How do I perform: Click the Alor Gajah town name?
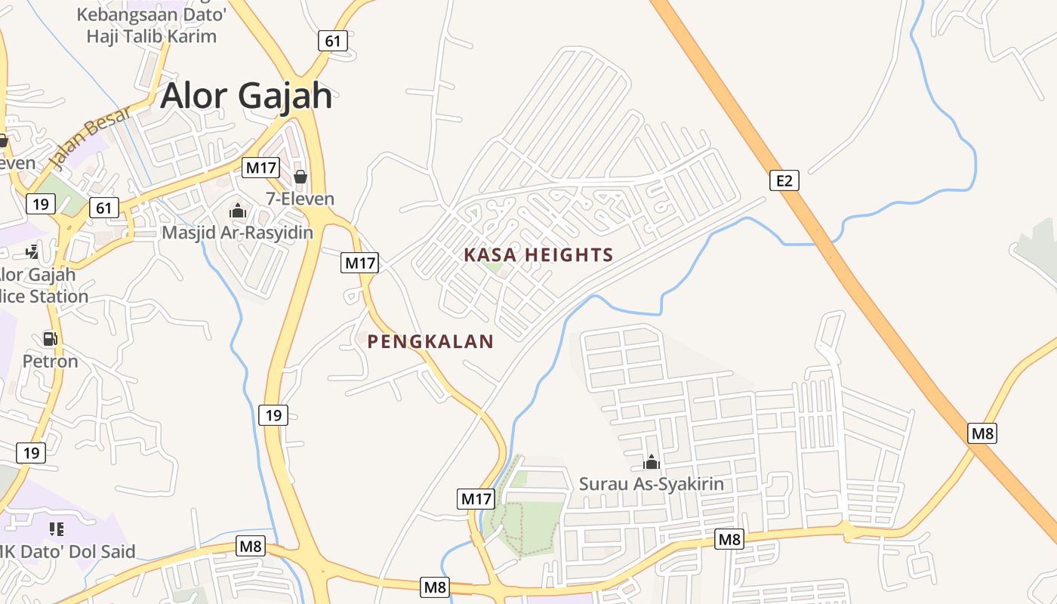[x=246, y=96]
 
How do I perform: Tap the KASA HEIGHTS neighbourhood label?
[x=538, y=255]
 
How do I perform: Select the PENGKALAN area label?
[x=430, y=342]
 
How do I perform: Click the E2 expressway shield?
[x=784, y=180]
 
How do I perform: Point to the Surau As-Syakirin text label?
[x=651, y=484]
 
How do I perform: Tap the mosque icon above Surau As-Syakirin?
[x=651, y=462]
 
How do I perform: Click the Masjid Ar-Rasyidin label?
[x=237, y=233]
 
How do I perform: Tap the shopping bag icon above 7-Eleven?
[x=300, y=177]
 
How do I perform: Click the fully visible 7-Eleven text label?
[x=300, y=199]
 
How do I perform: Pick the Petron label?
[x=50, y=362]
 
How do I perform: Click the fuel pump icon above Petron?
[x=50, y=339]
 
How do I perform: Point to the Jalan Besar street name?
[x=89, y=137]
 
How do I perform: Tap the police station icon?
[x=32, y=251]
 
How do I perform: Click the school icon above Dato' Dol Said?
[x=57, y=529]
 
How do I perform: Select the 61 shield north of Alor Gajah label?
[x=333, y=41]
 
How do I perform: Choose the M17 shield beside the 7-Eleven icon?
[x=260, y=168]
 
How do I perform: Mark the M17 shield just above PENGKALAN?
[x=359, y=263]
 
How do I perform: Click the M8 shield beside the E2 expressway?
[x=982, y=433]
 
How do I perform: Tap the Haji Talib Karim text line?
[x=151, y=36]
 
